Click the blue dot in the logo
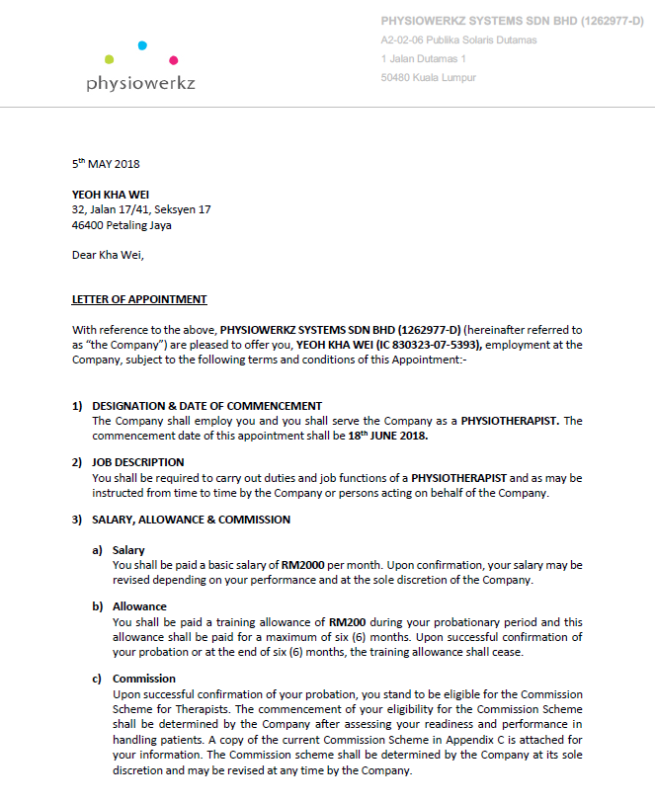point(142,44)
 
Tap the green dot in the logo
point(109,60)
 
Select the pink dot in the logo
point(174,60)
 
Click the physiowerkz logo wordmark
point(140,83)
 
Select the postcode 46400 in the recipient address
point(88,225)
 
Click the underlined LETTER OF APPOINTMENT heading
point(139,299)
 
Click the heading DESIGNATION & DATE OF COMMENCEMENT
point(206,405)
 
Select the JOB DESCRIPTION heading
point(137,462)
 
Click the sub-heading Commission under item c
point(144,679)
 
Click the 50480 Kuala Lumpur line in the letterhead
point(428,77)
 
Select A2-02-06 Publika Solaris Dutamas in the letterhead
point(458,40)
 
